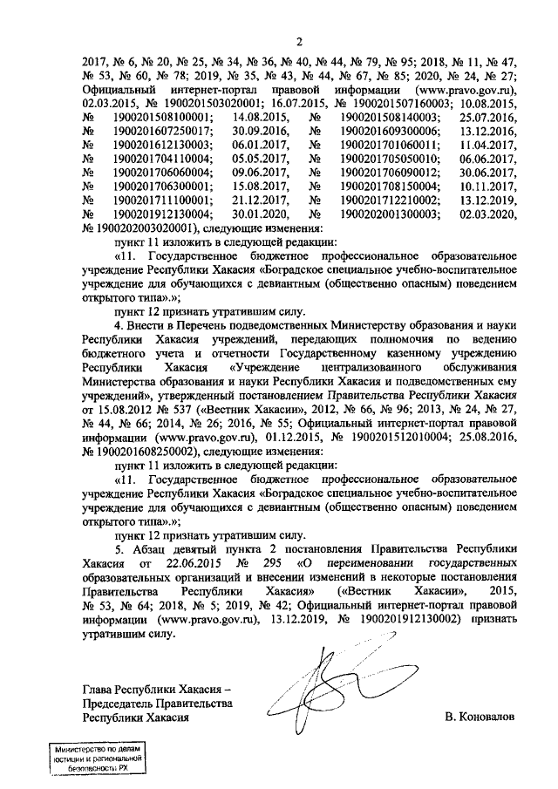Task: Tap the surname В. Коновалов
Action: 480,716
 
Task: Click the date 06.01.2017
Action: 261,144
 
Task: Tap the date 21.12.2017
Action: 261,200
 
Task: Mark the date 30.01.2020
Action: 261,214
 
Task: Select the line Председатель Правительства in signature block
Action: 157,702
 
